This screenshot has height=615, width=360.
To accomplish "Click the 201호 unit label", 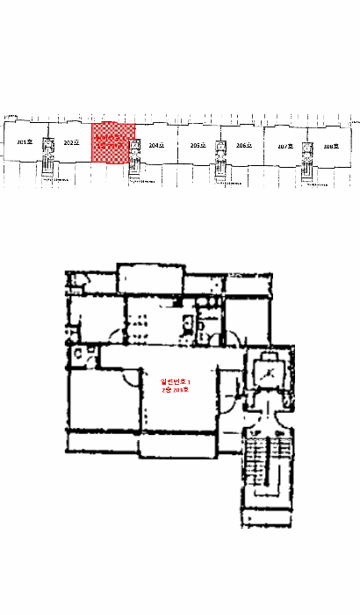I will coord(24,141).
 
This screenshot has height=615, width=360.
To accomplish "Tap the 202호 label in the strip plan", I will coord(71,141).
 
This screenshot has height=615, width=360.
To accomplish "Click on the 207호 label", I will coord(284,147).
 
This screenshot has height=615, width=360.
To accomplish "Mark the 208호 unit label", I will coord(331,147).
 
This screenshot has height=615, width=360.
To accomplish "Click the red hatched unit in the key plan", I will coord(113,142).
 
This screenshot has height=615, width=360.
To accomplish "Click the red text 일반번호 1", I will coord(176,381).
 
